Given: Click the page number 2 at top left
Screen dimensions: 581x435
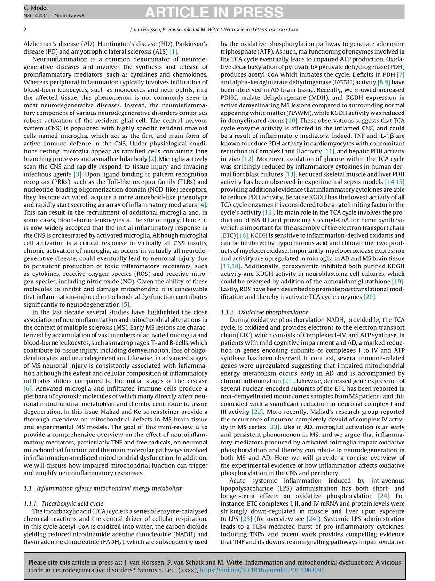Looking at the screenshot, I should point(24,29).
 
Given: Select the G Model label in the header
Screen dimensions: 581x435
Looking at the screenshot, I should point(35,8).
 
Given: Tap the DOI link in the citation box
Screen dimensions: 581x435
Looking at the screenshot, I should point(261,570).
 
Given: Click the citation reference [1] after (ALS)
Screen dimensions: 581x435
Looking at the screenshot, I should point(174,51).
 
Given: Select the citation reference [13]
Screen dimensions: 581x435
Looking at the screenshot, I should point(290,174).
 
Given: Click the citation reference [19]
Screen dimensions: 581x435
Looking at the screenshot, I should point(398,281).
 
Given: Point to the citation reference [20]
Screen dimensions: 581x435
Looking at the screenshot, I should point(369,297).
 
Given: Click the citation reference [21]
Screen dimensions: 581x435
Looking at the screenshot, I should point(288,380).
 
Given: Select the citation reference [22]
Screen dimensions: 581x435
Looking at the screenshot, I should point(257,411).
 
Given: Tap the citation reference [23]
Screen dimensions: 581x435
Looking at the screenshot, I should point(274,427).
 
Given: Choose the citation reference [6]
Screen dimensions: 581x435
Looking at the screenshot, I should point(28,388).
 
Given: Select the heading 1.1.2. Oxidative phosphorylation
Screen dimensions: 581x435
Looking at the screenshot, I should point(265,312).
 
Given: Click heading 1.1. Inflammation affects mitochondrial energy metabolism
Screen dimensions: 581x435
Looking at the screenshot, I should point(103,488).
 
